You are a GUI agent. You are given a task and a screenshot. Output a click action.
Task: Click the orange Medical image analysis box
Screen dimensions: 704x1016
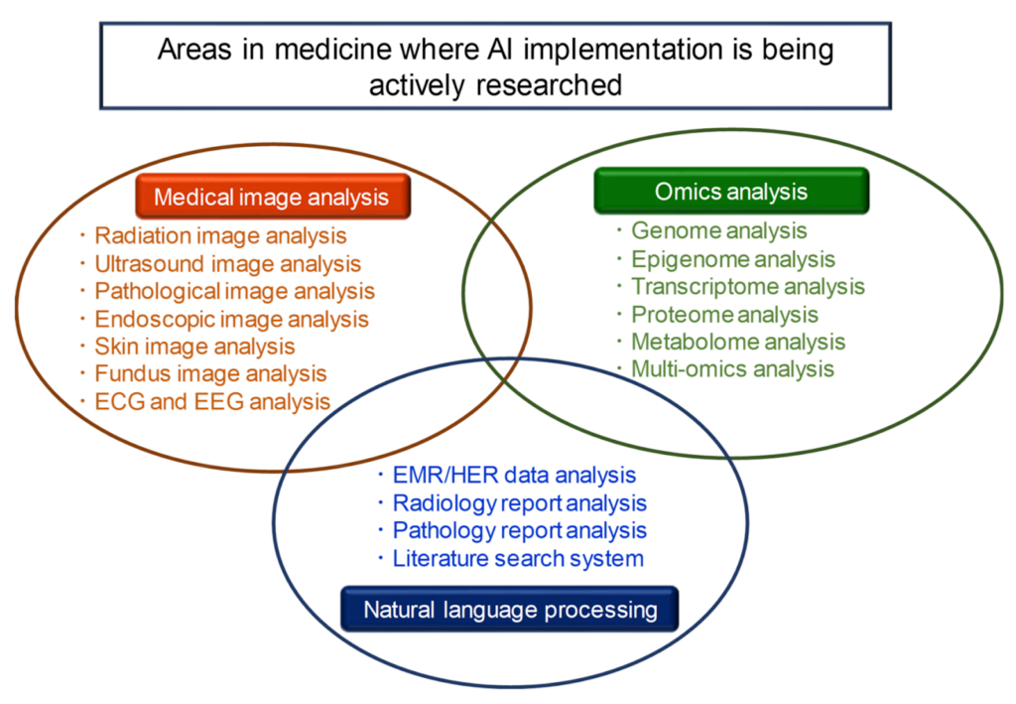pos(272,197)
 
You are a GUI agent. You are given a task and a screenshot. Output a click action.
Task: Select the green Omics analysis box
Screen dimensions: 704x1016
pos(731,191)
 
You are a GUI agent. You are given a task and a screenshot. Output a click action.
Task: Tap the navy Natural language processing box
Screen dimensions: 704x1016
pos(510,609)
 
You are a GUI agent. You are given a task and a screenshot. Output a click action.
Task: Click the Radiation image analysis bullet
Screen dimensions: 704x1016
pos(220,236)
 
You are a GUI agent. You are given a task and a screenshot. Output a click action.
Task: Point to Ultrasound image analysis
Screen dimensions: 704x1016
pos(227,264)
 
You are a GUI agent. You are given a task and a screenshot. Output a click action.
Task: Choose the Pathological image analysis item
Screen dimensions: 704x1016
pos(234,291)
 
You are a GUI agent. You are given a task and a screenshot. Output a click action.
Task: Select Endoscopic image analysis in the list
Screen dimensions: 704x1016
pos(231,319)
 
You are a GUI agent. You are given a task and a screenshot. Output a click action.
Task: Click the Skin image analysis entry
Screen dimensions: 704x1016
pos(194,347)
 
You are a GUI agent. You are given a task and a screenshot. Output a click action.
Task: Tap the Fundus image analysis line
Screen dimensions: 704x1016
pos(210,374)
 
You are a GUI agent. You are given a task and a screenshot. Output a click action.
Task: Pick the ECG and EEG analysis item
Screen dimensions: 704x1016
pos(212,402)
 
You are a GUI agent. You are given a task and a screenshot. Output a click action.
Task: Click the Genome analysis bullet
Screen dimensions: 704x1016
pos(718,231)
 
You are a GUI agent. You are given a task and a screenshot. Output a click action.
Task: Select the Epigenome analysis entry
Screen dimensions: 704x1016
pos(732,259)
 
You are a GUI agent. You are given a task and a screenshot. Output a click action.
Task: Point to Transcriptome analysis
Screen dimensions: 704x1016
pos(747,287)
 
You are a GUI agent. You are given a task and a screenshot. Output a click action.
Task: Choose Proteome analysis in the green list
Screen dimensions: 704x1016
pos(724,315)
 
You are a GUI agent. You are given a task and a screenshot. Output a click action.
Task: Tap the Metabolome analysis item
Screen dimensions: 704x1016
pos(737,343)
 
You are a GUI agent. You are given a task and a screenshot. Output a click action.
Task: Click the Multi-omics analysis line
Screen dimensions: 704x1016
pos(732,369)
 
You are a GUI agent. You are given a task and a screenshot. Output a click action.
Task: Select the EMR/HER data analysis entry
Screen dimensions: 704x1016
pos(514,476)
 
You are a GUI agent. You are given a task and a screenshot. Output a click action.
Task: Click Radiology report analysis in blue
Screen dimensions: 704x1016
pos(519,503)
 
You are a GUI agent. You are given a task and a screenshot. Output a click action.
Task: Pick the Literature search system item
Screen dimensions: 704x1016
pos(518,558)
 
